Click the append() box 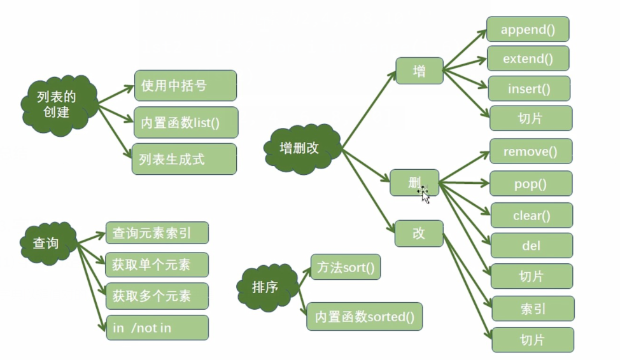[527, 29]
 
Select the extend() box [528, 59]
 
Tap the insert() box [528, 88]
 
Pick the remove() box [530, 151]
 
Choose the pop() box [530, 183]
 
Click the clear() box [532, 215]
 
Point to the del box [532, 246]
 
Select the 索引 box [533, 308]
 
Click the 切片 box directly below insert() [530, 118]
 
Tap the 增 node [419, 71]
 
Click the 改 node [418, 233]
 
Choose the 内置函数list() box [186, 122]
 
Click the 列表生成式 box [185, 159]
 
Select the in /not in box [157, 327]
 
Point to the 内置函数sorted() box [365, 316]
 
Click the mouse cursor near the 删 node [424, 194]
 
